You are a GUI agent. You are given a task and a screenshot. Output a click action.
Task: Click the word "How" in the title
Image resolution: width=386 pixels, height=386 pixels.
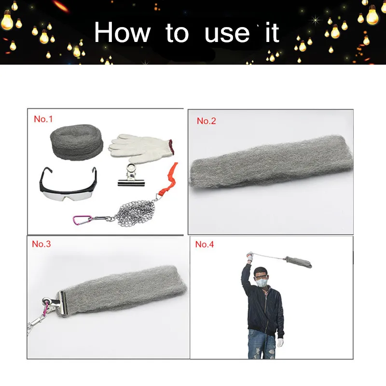[x=122, y=32]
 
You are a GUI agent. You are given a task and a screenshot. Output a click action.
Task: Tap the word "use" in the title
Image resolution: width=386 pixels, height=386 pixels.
[x=227, y=34]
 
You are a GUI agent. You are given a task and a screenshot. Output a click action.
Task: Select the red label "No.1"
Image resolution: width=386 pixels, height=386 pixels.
[x=43, y=119]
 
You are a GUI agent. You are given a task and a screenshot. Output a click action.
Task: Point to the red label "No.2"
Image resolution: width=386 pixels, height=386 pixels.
[x=207, y=121]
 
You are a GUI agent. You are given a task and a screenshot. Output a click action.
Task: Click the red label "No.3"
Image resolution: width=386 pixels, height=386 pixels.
[x=41, y=244]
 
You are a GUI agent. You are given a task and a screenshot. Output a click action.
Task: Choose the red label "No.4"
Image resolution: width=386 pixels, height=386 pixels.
[x=205, y=244]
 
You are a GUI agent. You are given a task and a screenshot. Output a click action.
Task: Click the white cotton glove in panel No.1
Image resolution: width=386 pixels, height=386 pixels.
[x=141, y=147]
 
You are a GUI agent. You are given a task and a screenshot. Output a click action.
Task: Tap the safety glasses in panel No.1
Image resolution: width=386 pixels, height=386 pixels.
[x=68, y=184]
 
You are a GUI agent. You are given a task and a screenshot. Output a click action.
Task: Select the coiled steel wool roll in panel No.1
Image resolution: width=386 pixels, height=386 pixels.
[x=77, y=142]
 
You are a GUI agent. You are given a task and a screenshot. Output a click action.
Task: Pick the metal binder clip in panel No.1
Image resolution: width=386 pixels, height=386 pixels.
[x=131, y=176]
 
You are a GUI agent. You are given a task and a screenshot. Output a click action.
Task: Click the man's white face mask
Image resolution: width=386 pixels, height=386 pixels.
[x=262, y=282]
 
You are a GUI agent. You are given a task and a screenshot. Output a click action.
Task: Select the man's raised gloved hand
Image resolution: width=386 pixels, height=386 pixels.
[x=249, y=256]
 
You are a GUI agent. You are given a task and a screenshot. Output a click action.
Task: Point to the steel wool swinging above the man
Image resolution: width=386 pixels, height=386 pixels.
[x=298, y=262]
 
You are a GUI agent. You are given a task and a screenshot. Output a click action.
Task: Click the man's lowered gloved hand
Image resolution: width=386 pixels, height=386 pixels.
[x=280, y=343]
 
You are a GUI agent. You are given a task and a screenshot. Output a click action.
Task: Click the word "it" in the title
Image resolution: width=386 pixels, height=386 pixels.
[x=272, y=32]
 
